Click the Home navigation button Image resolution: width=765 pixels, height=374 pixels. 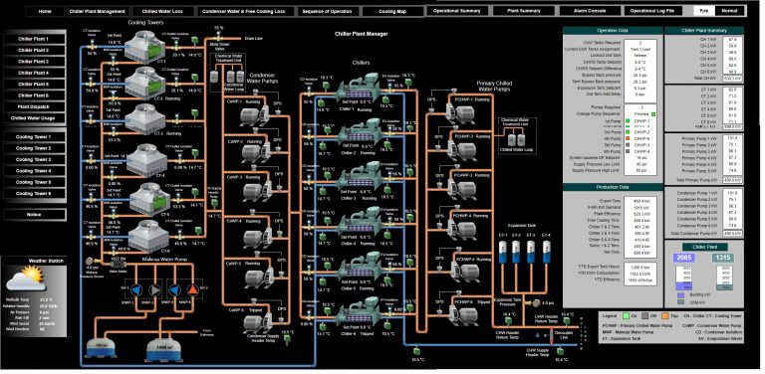[x=45, y=11]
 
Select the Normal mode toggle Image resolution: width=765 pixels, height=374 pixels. [x=731, y=11]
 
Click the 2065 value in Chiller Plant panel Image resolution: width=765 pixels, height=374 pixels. [x=683, y=257]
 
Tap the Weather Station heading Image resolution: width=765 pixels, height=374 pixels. [x=46, y=261]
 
